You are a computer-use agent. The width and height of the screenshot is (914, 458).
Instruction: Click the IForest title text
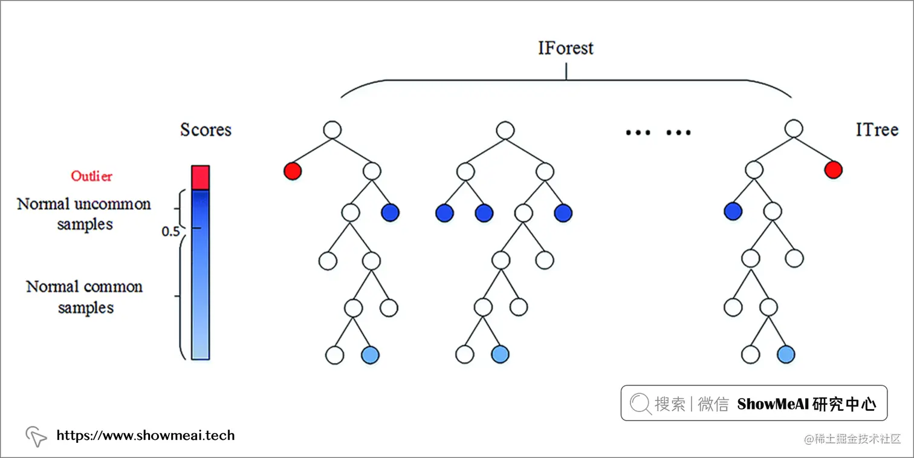(566, 48)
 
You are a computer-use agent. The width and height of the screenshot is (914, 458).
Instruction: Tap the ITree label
(877, 129)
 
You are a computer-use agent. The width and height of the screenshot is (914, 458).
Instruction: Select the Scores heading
(206, 129)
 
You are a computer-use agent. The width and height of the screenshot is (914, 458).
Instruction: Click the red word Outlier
(91, 176)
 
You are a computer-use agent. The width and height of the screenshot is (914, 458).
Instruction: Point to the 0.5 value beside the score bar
(170, 232)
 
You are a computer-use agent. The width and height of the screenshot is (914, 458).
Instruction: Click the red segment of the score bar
(200, 177)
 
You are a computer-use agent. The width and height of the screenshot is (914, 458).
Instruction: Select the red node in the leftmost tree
(293, 171)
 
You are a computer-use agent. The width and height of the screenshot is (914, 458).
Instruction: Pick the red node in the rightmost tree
(832, 170)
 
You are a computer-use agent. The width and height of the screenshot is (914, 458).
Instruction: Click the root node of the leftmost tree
(332, 129)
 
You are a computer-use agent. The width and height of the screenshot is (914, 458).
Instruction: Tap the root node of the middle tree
(505, 129)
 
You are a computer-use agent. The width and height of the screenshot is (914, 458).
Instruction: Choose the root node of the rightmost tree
(793, 129)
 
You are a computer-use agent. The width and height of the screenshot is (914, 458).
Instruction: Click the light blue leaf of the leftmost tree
(370, 355)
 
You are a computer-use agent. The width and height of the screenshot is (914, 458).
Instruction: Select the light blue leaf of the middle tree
(500, 355)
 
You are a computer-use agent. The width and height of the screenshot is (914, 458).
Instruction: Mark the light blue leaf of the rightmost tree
(785, 355)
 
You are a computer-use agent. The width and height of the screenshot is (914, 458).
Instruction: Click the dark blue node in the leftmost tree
(391, 212)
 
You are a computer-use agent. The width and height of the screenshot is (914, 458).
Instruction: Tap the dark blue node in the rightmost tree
(733, 211)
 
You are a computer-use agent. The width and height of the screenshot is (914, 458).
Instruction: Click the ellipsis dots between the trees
(658, 132)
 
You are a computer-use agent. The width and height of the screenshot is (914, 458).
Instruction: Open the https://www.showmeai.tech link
(145, 435)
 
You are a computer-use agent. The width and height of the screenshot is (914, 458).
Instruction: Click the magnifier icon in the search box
(640, 404)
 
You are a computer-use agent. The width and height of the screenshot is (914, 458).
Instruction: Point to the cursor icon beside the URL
(36, 436)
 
